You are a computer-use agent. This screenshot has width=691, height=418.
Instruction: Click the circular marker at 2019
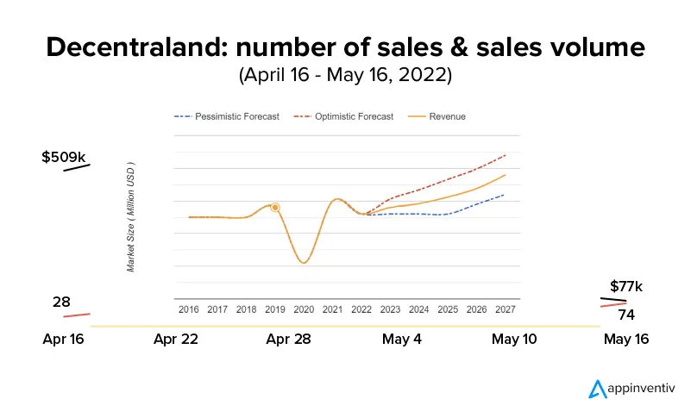point(275,207)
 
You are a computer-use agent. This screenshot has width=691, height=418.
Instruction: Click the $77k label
point(626,286)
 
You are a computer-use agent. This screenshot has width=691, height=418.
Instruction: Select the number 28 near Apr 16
point(61,302)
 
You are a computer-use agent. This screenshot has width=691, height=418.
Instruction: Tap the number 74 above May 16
point(626,315)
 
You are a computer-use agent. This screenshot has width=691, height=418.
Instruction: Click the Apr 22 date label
point(176,340)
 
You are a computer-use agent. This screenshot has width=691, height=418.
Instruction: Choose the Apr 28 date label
point(289,340)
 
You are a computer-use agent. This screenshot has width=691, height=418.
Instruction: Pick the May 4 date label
point(402,340)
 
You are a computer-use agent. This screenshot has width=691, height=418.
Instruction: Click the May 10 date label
point(514,340)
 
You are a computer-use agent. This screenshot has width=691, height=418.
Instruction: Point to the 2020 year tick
point(304,309)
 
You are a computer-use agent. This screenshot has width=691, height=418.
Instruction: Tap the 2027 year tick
point(506,309)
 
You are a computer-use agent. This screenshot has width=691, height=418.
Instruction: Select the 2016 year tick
point(188,309)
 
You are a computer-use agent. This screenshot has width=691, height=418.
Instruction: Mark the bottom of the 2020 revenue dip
point(304,262)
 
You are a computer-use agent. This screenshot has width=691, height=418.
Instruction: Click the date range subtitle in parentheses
point(345,76)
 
